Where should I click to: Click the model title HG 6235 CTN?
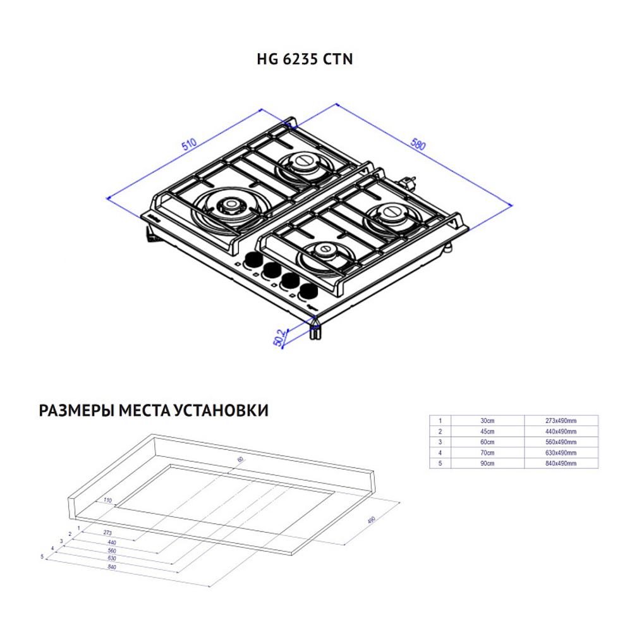tap(304, 59)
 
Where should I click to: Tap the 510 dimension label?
tap(190, 144)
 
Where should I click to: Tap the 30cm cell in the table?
tap(487, 420)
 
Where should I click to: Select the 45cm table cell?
tap(487, 431)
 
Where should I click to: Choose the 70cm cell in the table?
tap(487, 453)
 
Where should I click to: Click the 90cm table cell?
tap(487, 463)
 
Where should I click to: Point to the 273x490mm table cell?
tap(561, 420)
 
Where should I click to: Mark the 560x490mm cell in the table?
tap(561, 442)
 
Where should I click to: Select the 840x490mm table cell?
tap(561, 463)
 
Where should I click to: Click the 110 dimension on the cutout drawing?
tap(107, 501)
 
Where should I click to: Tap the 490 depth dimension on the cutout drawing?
tap(372, 520)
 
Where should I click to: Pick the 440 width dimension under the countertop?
tap(112, 542)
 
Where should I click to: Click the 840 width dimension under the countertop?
tap(112, 567)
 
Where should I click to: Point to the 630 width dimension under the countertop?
tap(112, 559)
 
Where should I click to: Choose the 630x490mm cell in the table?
tap(561, 453)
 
